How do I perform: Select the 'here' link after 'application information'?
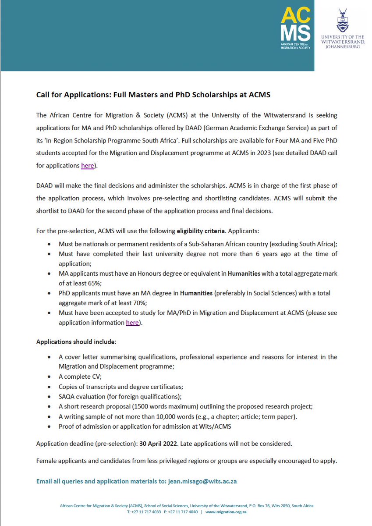pyautogui.click(x=132, y=322)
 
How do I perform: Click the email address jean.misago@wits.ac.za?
pyautogui.click(x=202, y=481)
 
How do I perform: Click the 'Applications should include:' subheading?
pyautogui.click(x=76, y=341)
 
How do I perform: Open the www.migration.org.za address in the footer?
pyautogui.click(x=226, y=512)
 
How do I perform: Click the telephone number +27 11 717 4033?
pyautogui.click(x=150, y=512)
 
